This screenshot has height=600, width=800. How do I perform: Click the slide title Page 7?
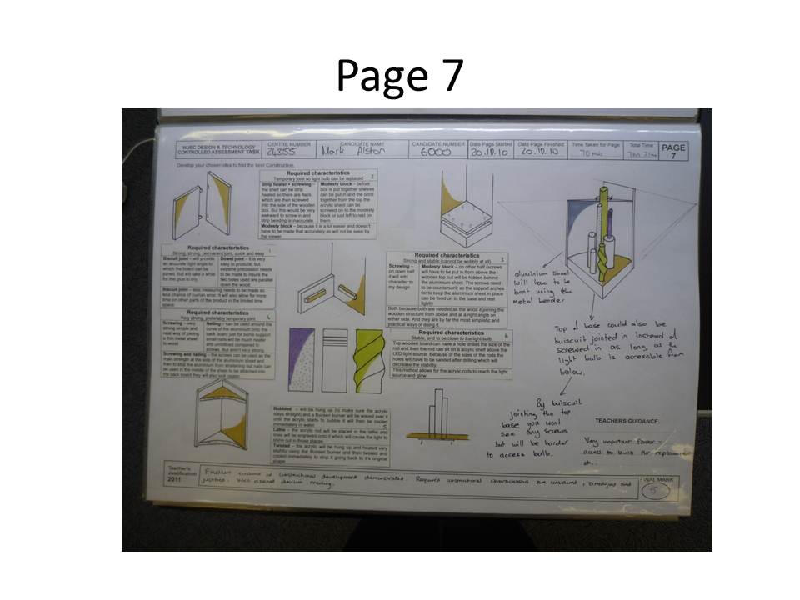399,76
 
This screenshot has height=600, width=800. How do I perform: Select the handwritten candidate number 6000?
435,153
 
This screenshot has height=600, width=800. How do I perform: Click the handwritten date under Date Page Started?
489,153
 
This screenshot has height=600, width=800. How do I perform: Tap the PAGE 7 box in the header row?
672,150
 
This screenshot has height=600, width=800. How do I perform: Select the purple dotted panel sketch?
302,358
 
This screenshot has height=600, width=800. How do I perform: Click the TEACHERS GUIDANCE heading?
627,422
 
